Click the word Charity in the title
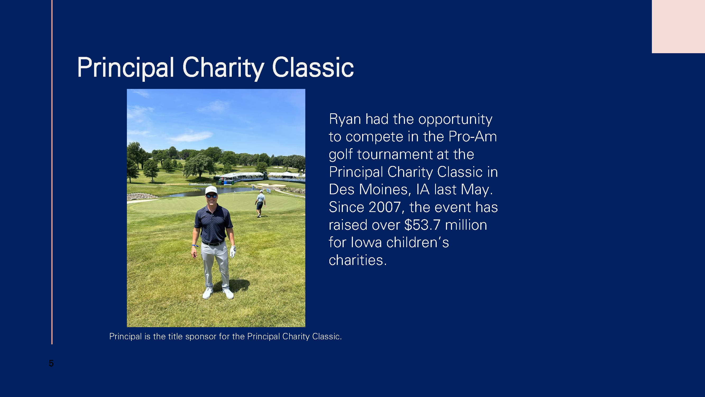point(223,68)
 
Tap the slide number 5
point(51,363)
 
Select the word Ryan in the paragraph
point(345,119)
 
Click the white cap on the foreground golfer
point(211,190)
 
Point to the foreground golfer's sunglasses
point(211,196)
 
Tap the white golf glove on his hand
point(233,251)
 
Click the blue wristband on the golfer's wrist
point(195,246)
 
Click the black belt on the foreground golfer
point(213,243)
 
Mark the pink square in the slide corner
point(679,26)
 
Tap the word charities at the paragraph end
point(358,260)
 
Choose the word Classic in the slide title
point(313,68)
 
